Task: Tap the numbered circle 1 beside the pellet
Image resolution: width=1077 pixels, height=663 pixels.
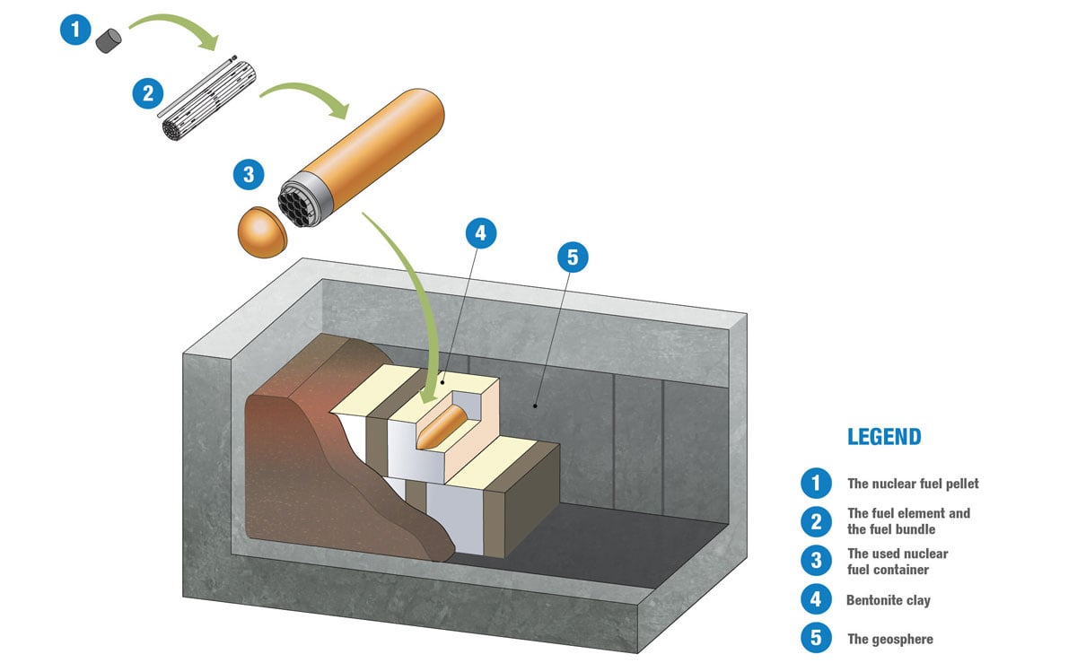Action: pyautogui.click(x=75, y=31)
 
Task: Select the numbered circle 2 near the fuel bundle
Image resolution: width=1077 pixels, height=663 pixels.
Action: pyautogui.click(x=147, y=92)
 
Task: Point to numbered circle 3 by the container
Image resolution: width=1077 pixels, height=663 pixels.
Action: pyautogui.click(x=249, y=174)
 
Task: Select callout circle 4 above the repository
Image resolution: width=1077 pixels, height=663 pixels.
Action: pyautogui.click(x=480, y=233)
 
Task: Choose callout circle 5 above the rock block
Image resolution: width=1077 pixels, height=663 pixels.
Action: pyautogui.click(x=573, y=258)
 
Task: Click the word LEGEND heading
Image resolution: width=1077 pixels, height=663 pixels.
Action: pyautogui.click(x=884, y=437)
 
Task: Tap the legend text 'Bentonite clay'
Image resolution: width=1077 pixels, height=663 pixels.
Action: pyautogui.click(x=889, y=600)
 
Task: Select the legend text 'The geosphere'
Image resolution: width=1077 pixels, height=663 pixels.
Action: pyautogui.click(x=890, y=640)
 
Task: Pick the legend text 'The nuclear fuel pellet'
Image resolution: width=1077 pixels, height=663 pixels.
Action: pyautogui.click(x=913, y=484)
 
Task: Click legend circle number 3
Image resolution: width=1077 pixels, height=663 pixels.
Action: pyautogui.click(x=816, y=561)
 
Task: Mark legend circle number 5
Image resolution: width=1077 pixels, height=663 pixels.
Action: pyautogui.click(x=816, y=639)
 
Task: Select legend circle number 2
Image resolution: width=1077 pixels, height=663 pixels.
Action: pyautogui.click(x=816, y=521)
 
